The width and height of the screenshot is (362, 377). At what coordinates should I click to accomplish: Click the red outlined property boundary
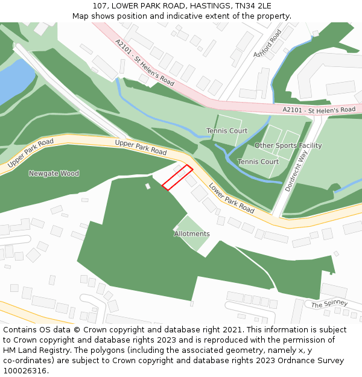point(177,178)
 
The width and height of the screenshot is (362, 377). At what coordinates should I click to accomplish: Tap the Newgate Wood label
point(54,174)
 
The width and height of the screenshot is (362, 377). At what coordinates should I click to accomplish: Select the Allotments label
point(192,234)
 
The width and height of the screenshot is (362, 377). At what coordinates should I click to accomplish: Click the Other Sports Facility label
point(288,146)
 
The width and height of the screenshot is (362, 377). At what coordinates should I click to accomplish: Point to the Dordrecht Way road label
point(296,171)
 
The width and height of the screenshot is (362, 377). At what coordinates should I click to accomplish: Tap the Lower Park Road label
point(232,198)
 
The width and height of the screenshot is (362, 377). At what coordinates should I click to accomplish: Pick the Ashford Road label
point(268,43)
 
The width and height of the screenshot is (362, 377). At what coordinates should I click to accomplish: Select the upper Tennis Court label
point(227,131)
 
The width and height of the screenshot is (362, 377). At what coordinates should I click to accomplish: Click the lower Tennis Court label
point(258,162)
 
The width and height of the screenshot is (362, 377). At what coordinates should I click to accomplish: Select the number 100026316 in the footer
point(25,370)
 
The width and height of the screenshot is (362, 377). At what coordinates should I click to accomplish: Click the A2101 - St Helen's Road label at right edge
point(319,110)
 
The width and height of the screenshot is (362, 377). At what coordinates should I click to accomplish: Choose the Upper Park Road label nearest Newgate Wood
point(30,153)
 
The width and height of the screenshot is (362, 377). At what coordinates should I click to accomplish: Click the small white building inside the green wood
point(148,186)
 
